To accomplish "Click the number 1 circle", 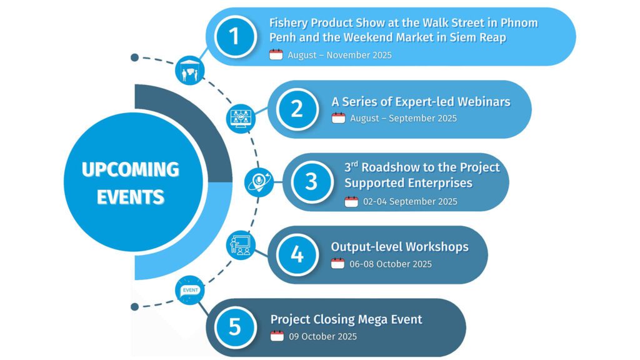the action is pyautogui.click(x=235, y=37).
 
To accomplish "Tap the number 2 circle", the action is pyautogui.click(x=297, y=109).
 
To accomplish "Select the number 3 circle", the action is pyautogui.click(x=312, y=182).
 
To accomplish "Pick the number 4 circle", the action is pyautogui.click(x=297, y=255).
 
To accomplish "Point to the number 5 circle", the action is pyautogui.click(x=235, y=327).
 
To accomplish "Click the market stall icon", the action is pyautogui.click(x=190, y=70).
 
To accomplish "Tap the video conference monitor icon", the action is pyautogui.click(x=241, y=118).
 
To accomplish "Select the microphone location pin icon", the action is pyautogui.click(x=259, y=182).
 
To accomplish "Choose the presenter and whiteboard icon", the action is pyautogui.click(x=241, y=245).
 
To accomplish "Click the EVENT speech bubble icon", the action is pyautogui.click(x=190, y=290).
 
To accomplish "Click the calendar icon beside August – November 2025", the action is pyautogui.click(x=276, y=54).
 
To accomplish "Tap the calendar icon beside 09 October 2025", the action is pyautogui.click(x=277, y=336).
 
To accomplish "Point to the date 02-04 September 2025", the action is pyautogui.click(x=410, y=201).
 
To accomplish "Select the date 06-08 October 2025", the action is pyautogui.click(x=391, y=264).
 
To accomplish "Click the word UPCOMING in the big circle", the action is pyautogui.click(x=131, y=169).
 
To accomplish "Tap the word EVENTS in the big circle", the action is pyautogui.click(x=131, y=197).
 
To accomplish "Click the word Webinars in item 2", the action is pyautogui.click(x=484, y=102).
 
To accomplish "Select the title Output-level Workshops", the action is pyautogui.click(x=399, y=247).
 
